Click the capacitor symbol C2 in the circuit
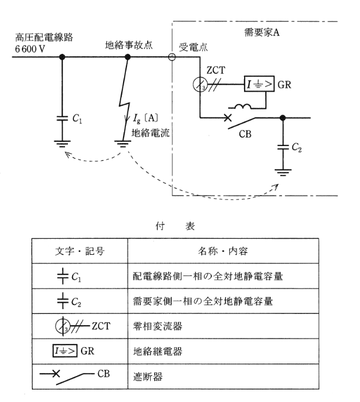click(x=284, y=147)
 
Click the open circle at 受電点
click(x=172, y=57)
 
